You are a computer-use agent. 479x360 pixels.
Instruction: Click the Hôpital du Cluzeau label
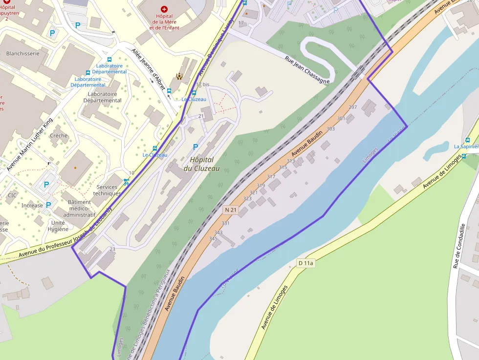pos(201,164)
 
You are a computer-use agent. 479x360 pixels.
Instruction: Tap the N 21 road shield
pos(230,210)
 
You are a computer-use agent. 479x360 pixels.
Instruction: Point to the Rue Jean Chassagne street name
pos(307,69)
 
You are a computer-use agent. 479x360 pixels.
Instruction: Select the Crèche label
pos(59,135)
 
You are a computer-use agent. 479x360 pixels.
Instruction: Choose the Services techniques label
pos(107,190)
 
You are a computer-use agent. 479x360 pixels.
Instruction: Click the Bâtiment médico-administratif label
pos(79,208)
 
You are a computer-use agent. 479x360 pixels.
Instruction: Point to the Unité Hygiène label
pos(58,226)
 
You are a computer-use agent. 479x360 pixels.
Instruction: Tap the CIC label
pos(12,195)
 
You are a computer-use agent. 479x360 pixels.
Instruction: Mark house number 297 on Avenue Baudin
pos(353,107)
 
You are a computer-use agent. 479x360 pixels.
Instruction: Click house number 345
pos(213,238)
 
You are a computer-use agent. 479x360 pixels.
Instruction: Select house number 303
pos(330,128)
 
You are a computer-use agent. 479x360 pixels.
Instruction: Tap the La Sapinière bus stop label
pos(466,146)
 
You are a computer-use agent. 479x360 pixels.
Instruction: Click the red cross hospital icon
pos(164,9)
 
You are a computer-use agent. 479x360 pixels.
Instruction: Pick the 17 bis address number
pos(203,85)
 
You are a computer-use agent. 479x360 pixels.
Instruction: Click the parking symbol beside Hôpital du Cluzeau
pos(196,147)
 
